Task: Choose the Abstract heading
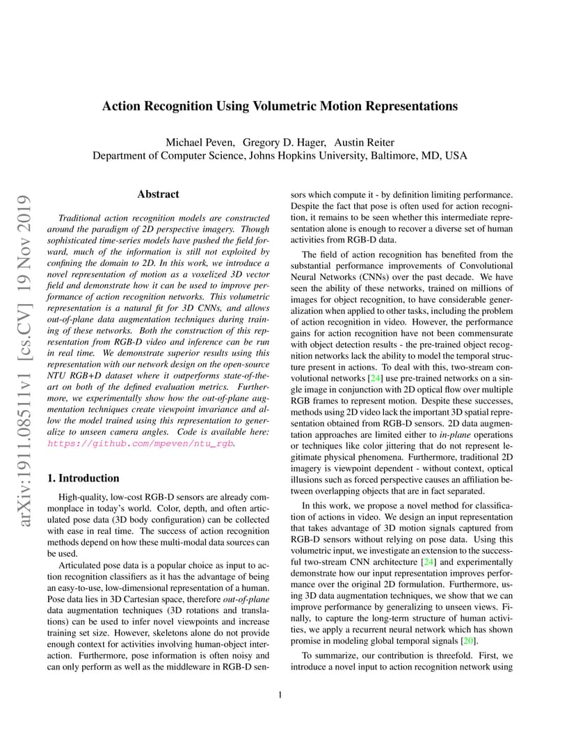tap(158, 194)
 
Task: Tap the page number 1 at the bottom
tap(280, 694)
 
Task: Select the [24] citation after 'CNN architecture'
tap(428, 562)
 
